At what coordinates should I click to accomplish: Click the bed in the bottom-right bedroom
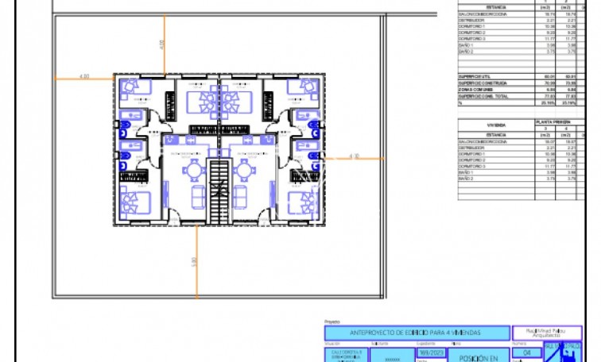click(300, 202)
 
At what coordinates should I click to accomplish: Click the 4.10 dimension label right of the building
click(355, 156)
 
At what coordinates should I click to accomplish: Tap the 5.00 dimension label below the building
click(194, 261)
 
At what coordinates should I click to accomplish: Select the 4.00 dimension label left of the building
click(84, 76)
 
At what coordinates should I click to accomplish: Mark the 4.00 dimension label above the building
click(162, 44)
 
